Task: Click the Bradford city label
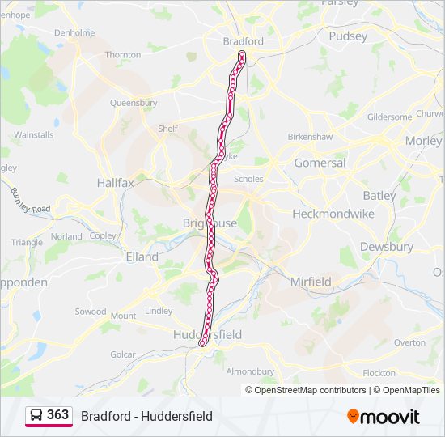click(244, 41)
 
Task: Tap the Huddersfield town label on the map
click(207, 334)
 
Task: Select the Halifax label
click(115, 183)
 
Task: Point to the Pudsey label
click(348, 36)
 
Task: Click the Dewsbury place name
click(387, 247)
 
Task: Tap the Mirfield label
click(311, 282)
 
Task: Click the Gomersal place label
click(320, 163)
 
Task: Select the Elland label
click(142, 257)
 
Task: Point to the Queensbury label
click(133, 103)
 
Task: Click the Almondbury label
click(249, 371)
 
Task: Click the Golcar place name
click(123, 354)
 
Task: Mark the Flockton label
click(379, 373)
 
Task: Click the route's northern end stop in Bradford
click(241, 55)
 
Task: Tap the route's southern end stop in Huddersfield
click(203, 342)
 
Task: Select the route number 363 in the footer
click(57, 415)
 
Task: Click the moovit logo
click(384, 417)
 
